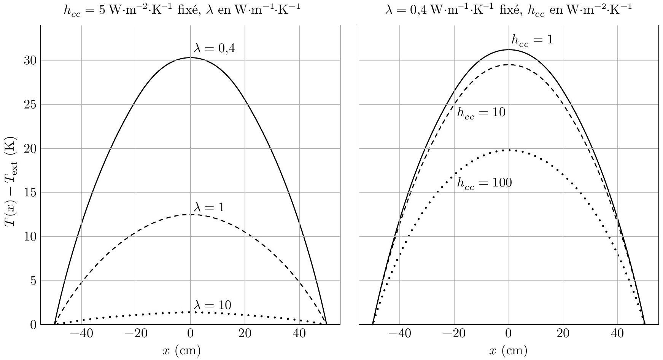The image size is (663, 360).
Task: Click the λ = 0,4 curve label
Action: coord(214,48)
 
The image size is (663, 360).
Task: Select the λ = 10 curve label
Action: coord(212,305)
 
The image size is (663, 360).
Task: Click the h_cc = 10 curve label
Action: coord(481,113)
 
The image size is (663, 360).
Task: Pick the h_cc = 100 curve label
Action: coord(484,183)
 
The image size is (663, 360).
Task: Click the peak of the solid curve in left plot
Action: coord(190,57)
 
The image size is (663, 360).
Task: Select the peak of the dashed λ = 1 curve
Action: coord(190,215)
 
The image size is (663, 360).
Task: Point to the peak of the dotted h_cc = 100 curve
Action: coord(509,150)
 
